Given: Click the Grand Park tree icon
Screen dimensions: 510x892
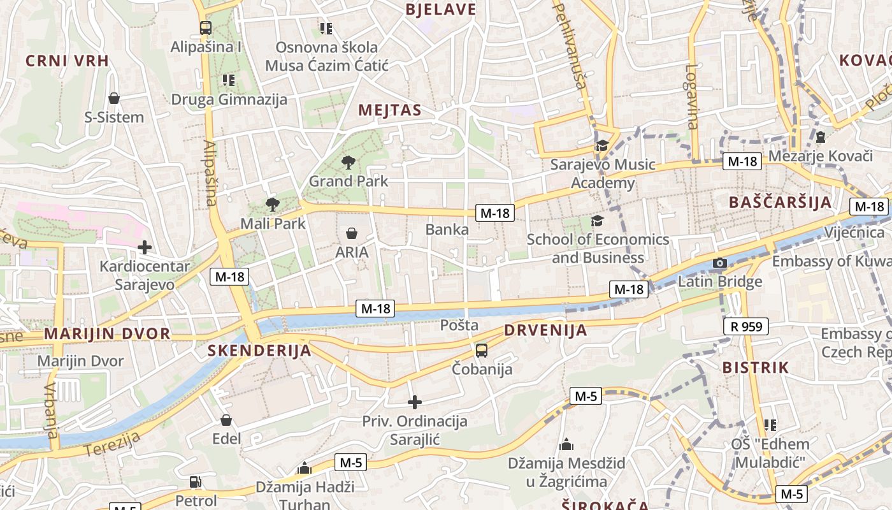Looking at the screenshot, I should point(348,162).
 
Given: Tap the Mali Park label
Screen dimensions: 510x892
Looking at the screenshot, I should point(273,224).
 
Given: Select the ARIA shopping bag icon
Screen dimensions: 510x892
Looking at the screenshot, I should point(351,233).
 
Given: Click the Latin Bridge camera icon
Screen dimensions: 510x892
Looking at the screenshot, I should point(720,263).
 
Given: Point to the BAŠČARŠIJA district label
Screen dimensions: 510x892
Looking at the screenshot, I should point(780,203).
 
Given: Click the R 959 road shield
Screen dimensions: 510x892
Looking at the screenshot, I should point(746,327).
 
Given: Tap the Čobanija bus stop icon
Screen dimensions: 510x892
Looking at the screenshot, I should point(482,350).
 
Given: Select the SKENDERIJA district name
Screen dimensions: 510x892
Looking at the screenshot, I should point(259,350).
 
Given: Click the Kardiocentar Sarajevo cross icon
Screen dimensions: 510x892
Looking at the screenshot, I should point(145,247).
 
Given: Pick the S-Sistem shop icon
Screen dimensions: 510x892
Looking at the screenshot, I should point(114,98).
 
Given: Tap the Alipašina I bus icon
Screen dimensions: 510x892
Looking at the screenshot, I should point(205,28).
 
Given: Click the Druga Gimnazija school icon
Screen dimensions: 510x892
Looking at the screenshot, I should point(229,80).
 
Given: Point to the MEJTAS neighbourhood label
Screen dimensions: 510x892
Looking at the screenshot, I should point(390,110).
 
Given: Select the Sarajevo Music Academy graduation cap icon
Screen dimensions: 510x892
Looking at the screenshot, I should point(602,146).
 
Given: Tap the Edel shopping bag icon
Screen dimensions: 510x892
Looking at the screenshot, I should point(226,420).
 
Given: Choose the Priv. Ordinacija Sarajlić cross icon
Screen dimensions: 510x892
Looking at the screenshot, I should point(415,402).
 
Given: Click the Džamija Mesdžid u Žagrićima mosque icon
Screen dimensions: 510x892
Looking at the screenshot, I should point(566,444).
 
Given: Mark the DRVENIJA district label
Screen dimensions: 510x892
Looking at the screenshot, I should point(545,330).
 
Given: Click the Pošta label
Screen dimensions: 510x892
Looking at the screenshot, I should point(459,325).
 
